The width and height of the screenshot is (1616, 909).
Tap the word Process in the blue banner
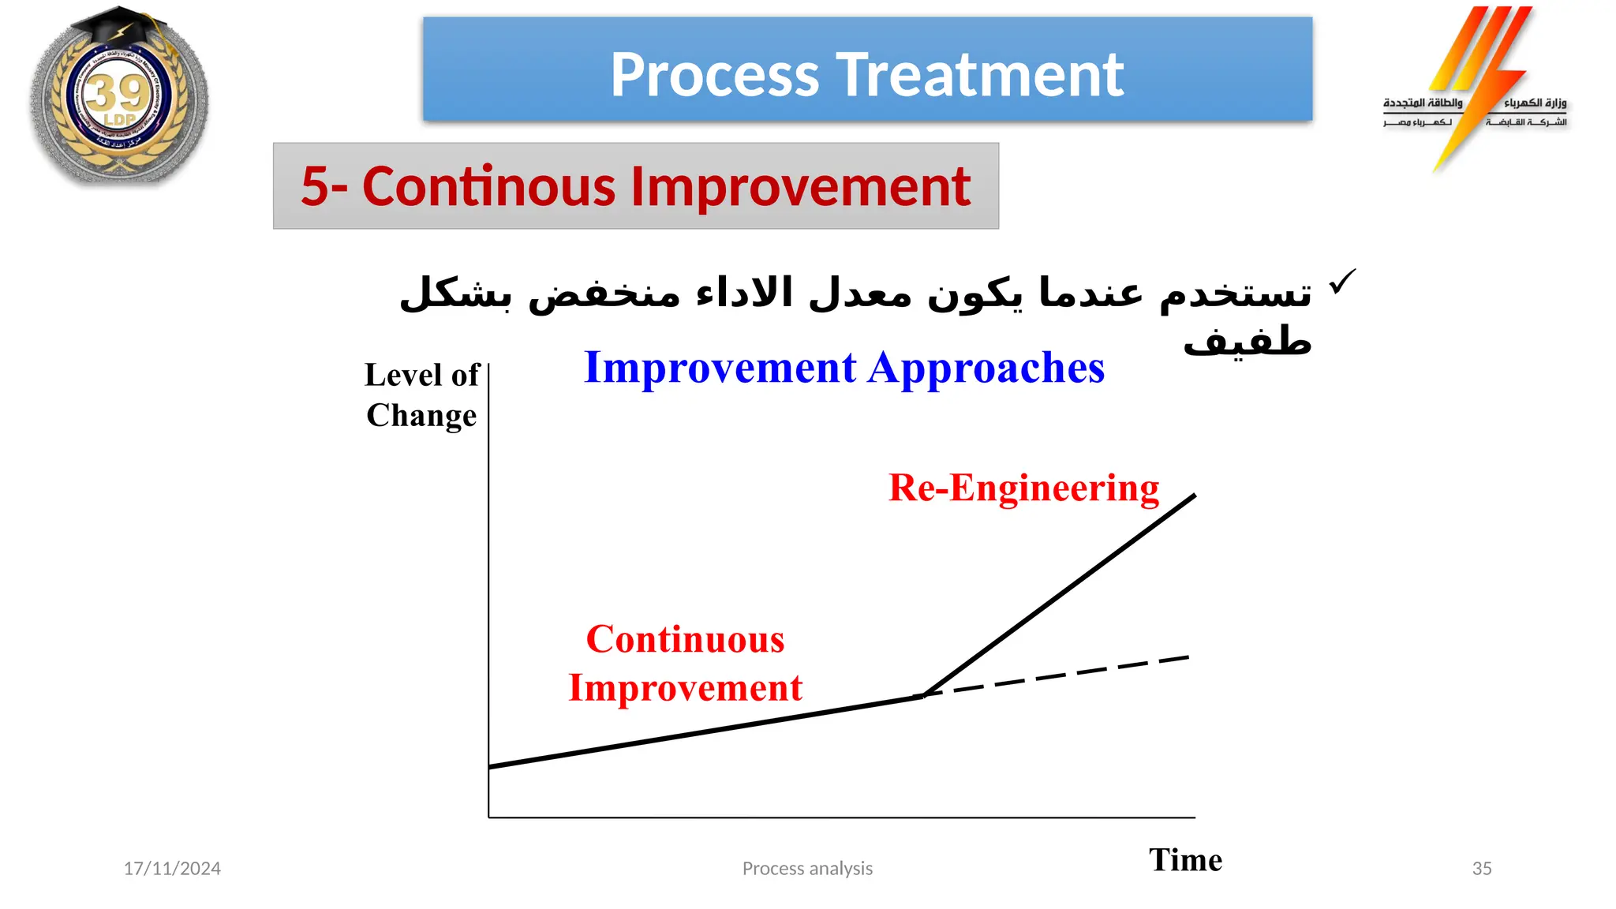coord(715,75)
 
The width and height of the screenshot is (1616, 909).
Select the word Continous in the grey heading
coord(488,187)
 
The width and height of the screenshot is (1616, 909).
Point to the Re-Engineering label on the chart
coord(1023,488)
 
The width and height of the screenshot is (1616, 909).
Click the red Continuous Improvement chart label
coord(685,663)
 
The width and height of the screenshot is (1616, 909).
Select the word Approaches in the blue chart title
coord(986,368)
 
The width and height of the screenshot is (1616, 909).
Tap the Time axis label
coord(1185,859)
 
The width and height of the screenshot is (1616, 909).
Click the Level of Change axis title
coord(421,395)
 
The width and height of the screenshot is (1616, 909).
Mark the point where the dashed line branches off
coord(923,695)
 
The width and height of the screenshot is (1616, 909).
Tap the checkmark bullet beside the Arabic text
coord(1341,282)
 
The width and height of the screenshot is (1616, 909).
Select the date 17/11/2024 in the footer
coord(172,868)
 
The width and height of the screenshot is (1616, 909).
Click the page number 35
coord(1481,868)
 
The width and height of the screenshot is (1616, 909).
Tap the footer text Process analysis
coord(807,868)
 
